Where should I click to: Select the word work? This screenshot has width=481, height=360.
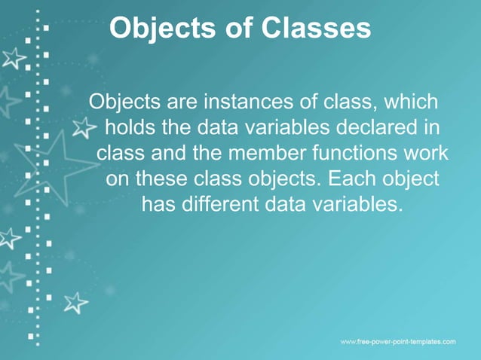(x=426, y=153)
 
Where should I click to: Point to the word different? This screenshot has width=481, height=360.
(x=219, y=204)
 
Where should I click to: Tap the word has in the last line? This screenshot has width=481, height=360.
(x=158, y=204)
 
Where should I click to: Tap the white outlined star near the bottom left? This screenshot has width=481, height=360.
(x=75, y=302)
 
